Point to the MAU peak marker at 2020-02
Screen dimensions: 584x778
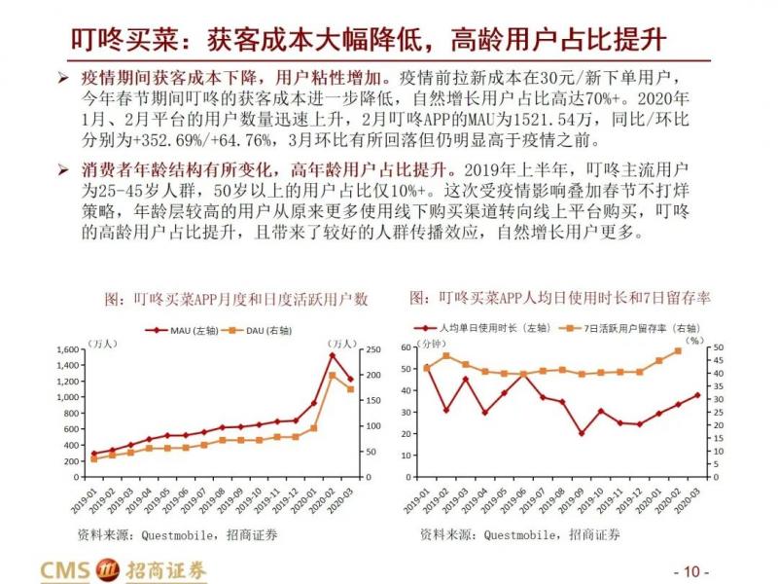(x=332, y=355)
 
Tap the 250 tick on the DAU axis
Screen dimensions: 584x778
(x=370, y=349)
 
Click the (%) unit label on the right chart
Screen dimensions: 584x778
(x=692, y=341)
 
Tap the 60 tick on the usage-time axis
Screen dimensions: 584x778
(x=406, y=348)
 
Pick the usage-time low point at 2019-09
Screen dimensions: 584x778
(x=581, y=433)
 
